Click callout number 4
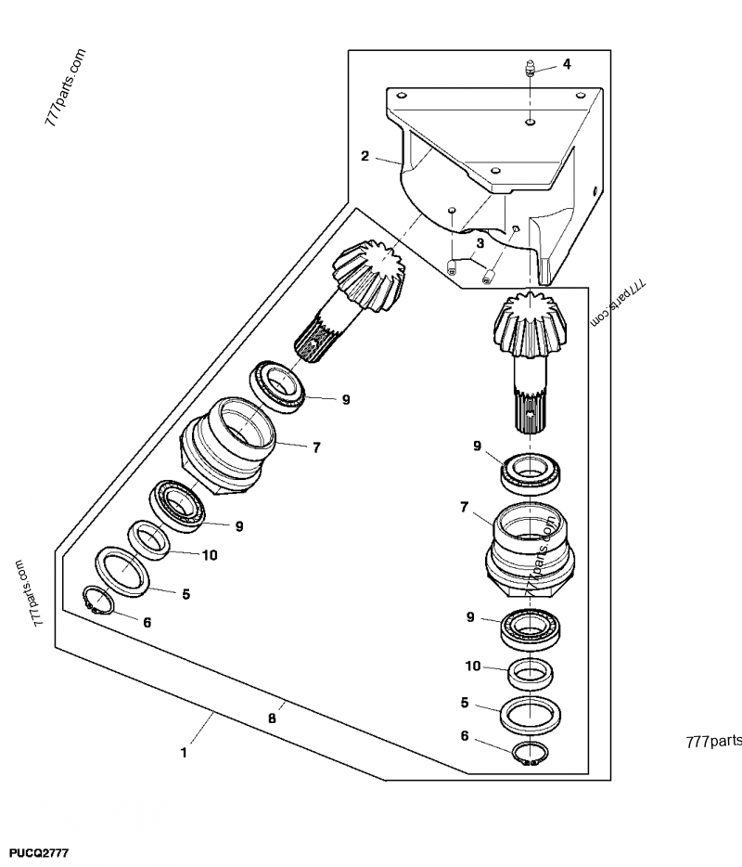coord(566,64)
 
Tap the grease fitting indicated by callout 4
coord(528,67)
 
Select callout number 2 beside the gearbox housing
coord(365,156)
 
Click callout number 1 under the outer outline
coord(184,753)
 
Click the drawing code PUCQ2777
coord(38,852)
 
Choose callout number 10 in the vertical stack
coord(473,666)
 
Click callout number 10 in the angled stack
coord(210,555)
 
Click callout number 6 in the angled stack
coord(147,622)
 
